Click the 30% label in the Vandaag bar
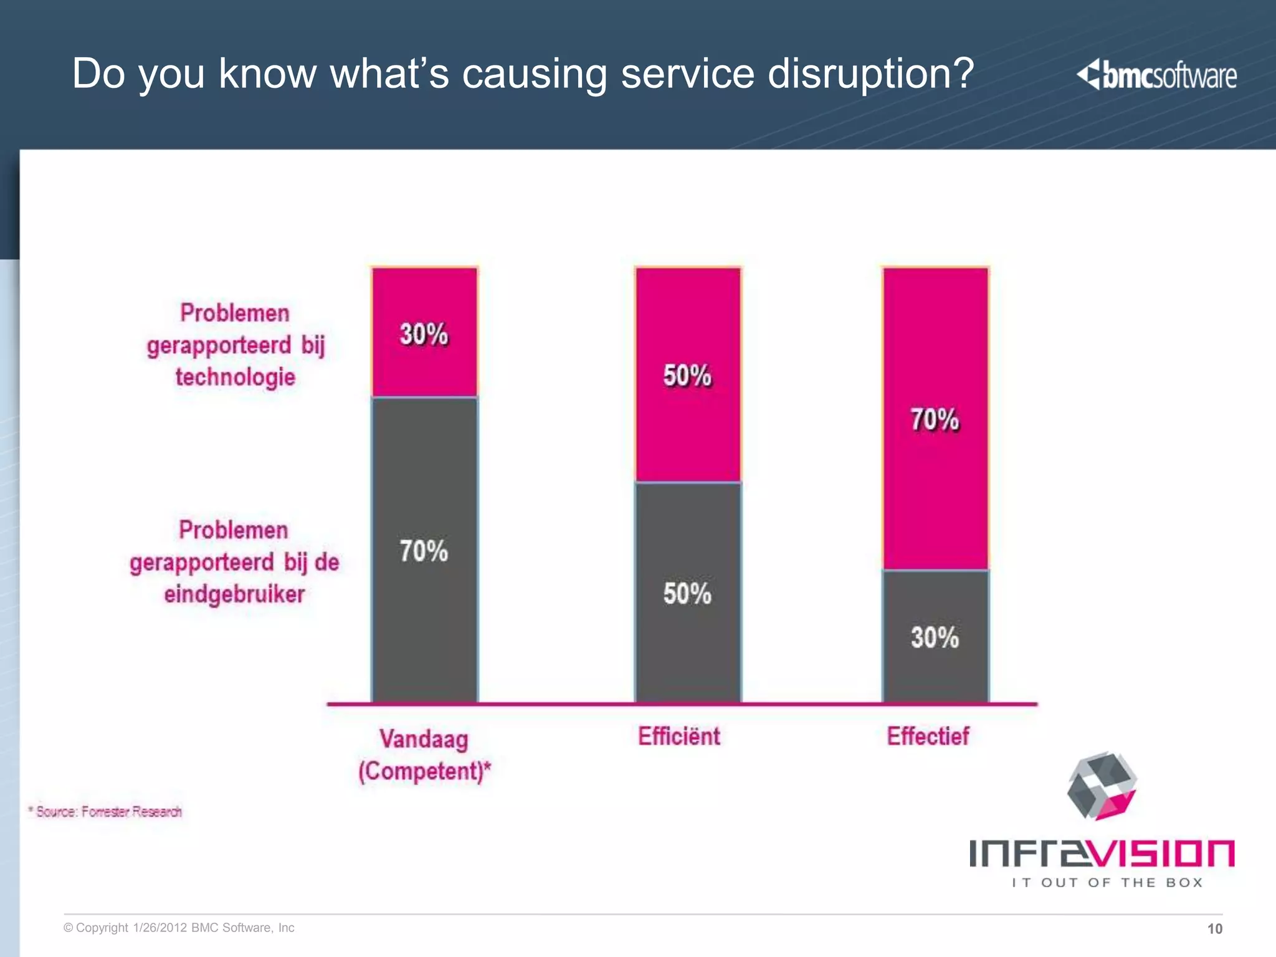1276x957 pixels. (x=424, y=335)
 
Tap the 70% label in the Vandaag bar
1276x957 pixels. (x=424, y=551)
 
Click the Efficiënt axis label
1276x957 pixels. (x=679, y=736)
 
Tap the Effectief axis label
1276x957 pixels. (x=928, y=736)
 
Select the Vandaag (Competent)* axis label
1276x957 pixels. (x=424, y=755)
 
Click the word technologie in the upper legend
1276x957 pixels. (x=235, y=378)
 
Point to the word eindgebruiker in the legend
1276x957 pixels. (x=234, y=594)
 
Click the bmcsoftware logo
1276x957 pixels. (x=1156, y=75)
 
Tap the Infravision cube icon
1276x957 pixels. (x=1101, y=786)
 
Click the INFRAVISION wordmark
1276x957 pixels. (x=1101, y=853)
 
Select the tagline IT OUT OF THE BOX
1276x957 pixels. (x=1107, y=882)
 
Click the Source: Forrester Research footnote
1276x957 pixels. (x=106, y=812)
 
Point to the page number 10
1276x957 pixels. (x=1214, y=929)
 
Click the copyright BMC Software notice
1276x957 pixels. (x=179, y=928)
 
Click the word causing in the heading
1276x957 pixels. (x=534, y=74)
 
